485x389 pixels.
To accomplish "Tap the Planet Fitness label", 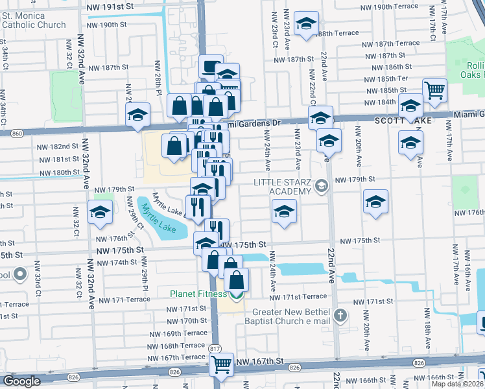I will point(200,294).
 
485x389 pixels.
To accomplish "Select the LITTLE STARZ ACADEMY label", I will point(279,187).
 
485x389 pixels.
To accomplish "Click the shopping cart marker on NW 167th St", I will point(222,364).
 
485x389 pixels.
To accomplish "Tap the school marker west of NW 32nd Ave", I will point(99,213).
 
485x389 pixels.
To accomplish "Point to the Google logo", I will point(21,381).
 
